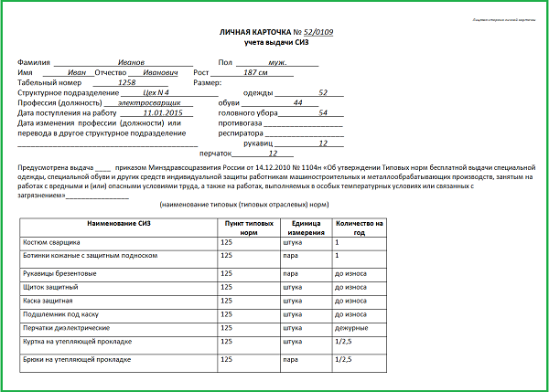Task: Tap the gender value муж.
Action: point(292,60)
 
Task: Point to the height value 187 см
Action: point(255,71)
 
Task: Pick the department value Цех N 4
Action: point(157,92)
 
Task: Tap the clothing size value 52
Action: point(323,92)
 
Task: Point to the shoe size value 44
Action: point(296,102)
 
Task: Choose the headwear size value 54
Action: point(322,112)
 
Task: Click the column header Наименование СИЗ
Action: point(117,223)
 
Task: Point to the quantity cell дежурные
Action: point(351,326)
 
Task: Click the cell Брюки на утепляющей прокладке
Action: point(77,360)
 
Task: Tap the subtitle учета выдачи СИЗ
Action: point(274,43)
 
